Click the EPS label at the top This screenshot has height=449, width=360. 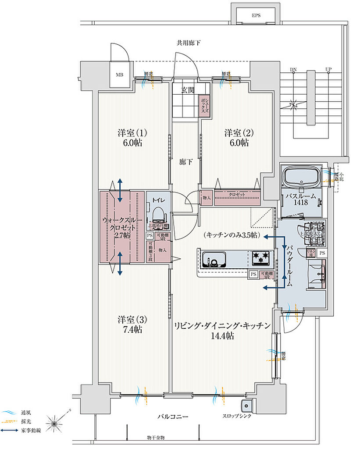[x=256, y=15]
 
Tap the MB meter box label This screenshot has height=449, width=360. [x=120, y=75]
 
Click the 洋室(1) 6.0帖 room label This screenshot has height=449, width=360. [x=132, y=138]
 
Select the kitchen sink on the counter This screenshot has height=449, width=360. [x=215, y=260]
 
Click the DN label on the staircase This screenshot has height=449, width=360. [x=293, y=70]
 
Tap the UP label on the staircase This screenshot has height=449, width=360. [x=328, y=70]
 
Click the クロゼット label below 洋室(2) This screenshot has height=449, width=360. [x=237, y=194]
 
